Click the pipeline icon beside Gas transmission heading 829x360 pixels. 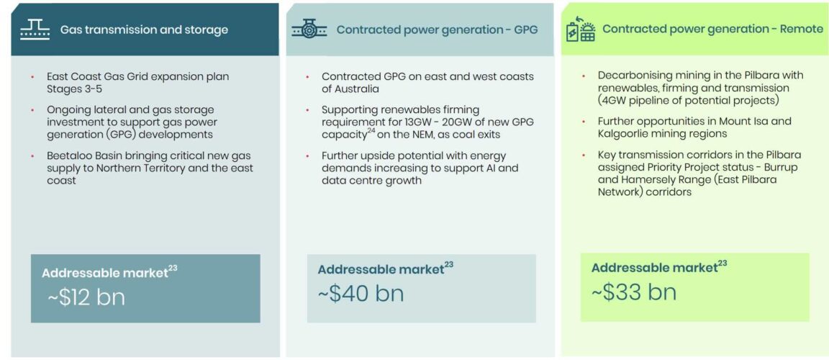click(35, 30)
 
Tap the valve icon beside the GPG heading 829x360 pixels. click(309, 30)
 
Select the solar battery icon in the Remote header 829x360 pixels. click(581, 29)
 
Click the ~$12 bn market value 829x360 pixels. click(86, 297)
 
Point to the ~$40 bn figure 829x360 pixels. click(361, 294)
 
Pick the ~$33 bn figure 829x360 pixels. click(634, 292)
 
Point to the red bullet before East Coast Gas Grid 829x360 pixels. click(33, 77)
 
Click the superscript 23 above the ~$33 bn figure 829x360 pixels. click(722, 264)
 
